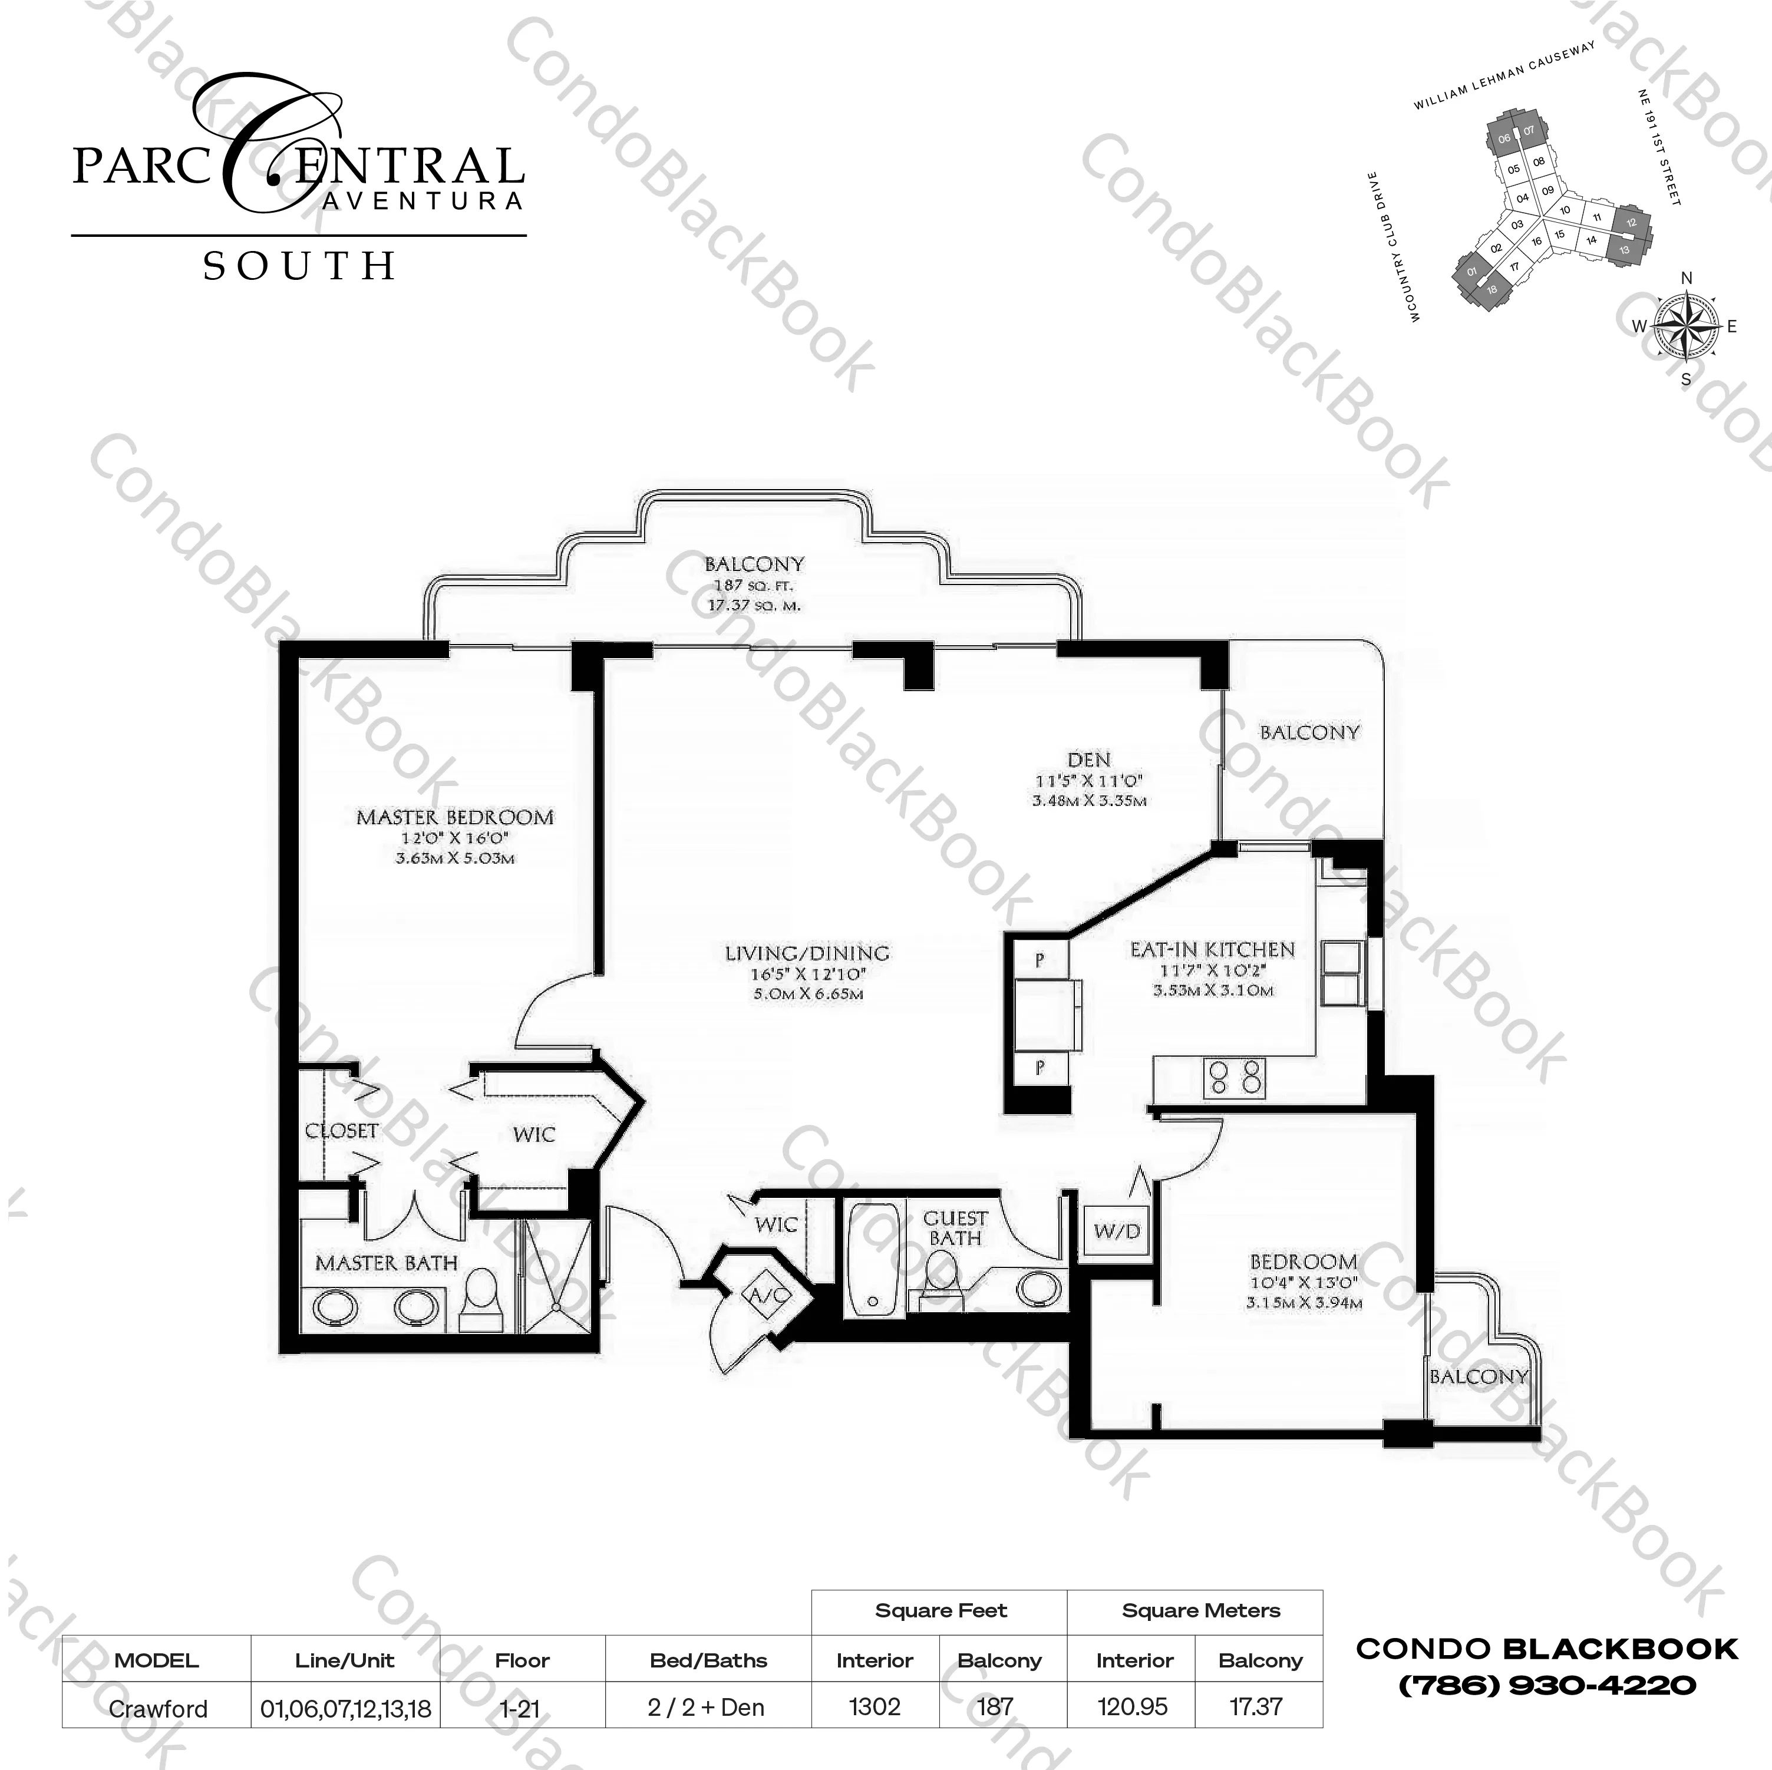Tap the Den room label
pos(1088,759)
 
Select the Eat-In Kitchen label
pos(1212,950)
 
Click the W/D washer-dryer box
pos(1116,1231)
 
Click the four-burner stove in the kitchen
pos(1235,1078)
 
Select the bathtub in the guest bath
pos(873,1261)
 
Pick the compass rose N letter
pos(1686,279)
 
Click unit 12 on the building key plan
pos(1631,223)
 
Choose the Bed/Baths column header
pos(708,1661)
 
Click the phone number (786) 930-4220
pos(1546,1685)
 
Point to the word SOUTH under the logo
pos(299,266)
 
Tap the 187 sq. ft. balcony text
pos(754,585)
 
